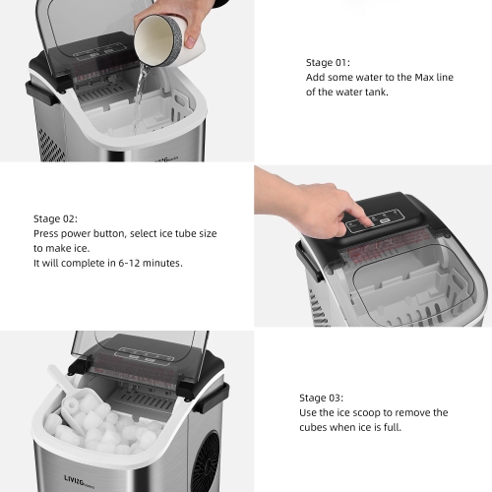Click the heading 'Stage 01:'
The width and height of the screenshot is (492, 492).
[x=328, y=60]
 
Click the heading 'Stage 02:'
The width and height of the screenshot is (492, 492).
[x=57, y=218]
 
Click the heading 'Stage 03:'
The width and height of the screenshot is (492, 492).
[x=324, y=398]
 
